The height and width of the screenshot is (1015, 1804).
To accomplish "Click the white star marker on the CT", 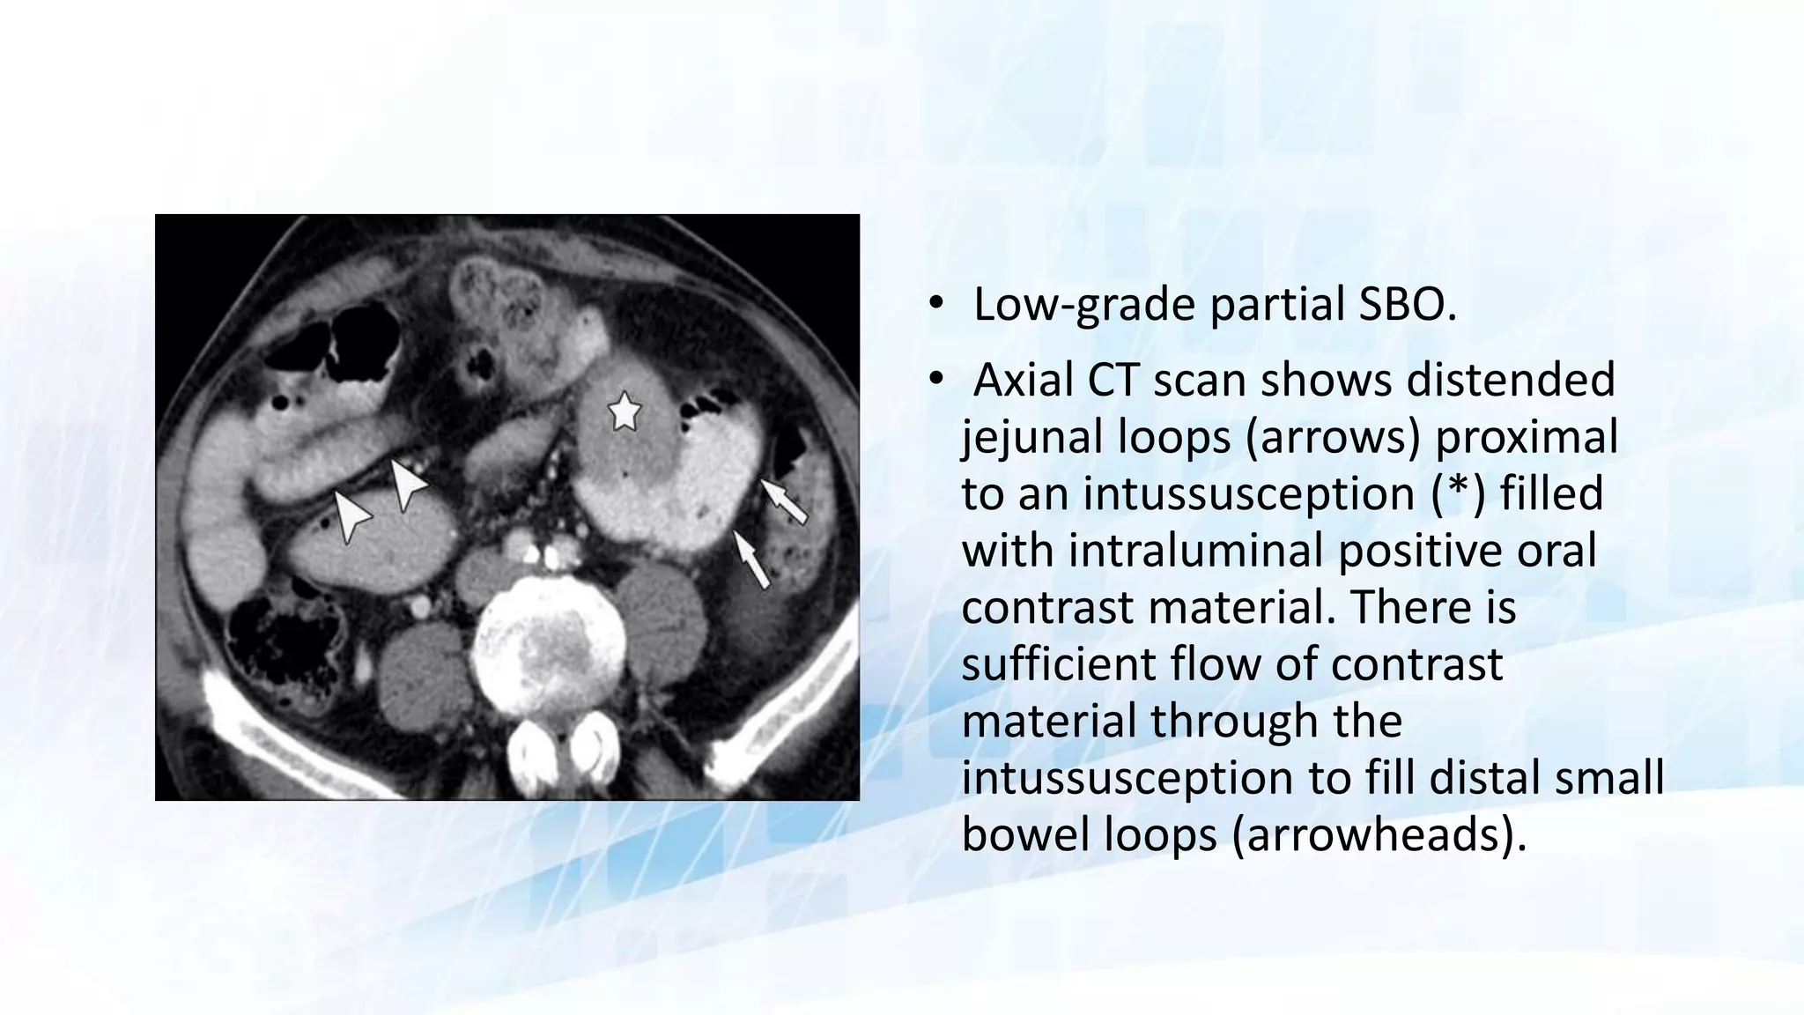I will click(625, 411).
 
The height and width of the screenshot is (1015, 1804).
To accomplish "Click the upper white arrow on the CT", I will click(784, 500).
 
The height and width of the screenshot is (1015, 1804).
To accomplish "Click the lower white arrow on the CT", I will click(751, 559).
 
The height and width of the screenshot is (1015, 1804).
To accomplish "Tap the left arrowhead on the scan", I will click(351, 516).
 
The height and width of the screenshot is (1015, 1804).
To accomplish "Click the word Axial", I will click(1022, 381).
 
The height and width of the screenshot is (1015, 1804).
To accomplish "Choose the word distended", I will click(1511, 381).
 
